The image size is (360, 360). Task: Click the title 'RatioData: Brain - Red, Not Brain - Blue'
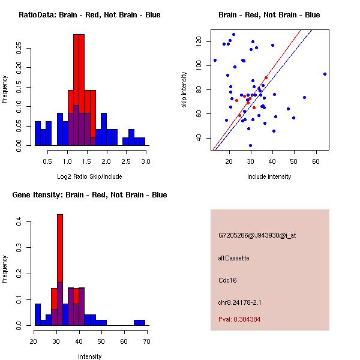[x=89, y=15]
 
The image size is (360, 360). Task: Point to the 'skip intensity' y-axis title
[x=185, y=90]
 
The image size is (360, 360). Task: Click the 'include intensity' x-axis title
[x=269, y=176]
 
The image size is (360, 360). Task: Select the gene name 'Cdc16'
[x=227, y=280]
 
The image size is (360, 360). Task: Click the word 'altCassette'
[x=233, y=258]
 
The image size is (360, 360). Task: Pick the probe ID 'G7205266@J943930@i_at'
[x=257, y=235]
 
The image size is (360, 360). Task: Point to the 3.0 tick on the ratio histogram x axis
[x=146, y=161]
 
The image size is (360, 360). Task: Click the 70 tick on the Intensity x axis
[x=146, y=341]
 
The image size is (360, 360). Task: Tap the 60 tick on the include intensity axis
[x=316, y=161]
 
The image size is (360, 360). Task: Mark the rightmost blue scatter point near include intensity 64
[x=325, y=74]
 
